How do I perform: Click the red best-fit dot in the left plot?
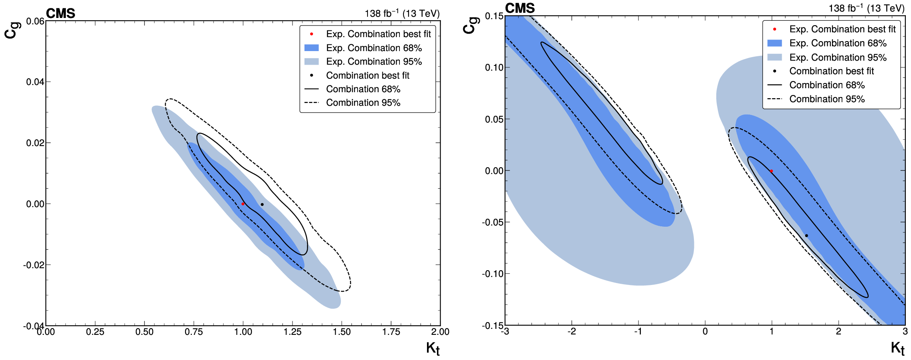pos(243,204)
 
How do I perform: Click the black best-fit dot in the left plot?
pos(262,204)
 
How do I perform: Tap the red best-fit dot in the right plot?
pos(771,171)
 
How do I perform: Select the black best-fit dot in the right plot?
pos(806,235)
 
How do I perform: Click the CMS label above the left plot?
pos(61,14)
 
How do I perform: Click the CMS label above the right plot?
pos(520,8)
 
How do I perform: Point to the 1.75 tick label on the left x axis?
pos(391,332)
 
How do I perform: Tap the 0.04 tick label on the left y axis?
pos(36,82)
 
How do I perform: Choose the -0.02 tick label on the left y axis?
pos(34,265)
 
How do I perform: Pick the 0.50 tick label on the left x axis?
pos(144,332)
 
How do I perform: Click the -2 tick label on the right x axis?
pos(571,331)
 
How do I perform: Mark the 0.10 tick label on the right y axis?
pos(494,67)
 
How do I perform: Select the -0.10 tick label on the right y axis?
pos(493,274)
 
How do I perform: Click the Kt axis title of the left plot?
pos(433,348)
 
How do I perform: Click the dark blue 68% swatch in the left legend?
pos(311,48)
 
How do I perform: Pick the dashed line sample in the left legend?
pos(311,103)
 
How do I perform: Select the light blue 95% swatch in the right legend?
pos(775,57)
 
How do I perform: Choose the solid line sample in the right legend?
pos(775,85)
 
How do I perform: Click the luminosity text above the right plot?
pos(866,8)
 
